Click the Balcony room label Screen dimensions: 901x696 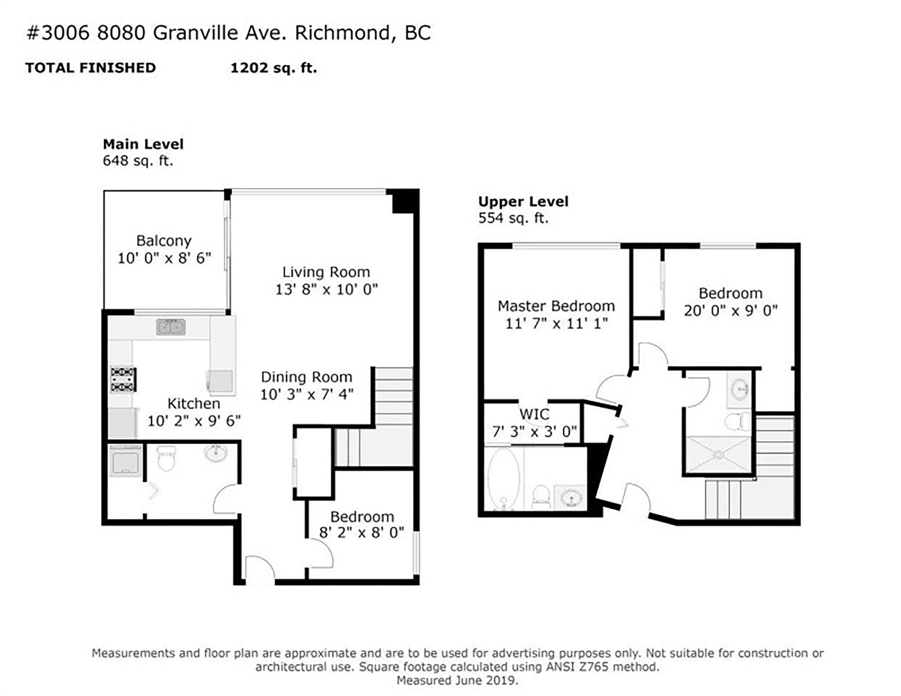(164, 240)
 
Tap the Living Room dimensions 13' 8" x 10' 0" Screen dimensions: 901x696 (326, 289)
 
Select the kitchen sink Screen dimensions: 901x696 (171, 327)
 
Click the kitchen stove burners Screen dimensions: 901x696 (123, 379)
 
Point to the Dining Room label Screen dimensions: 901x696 (306, 377)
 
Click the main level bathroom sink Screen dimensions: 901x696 (215, 453)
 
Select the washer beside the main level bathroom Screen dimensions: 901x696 (125, 460)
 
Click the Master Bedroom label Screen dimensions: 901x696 (556, 306)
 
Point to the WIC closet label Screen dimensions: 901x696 (534, 414)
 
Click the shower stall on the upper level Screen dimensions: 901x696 (718, 454)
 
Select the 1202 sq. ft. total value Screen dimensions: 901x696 (273, 68)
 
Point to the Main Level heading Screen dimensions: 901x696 (143, 144)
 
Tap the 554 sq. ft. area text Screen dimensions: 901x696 (513, 218)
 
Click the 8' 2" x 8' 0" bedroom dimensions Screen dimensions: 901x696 (362, 532)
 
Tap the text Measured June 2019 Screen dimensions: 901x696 (457, 680)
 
